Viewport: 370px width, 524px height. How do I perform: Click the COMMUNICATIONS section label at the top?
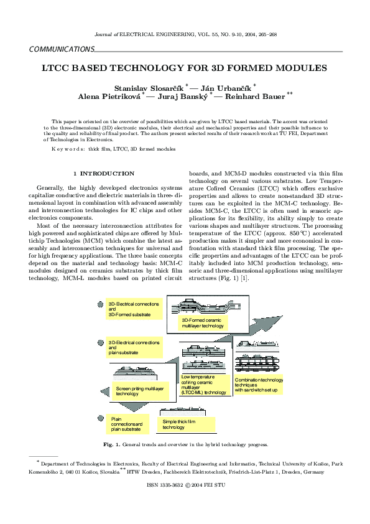point(62,49)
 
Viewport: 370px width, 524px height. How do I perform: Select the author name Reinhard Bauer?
point(254,96)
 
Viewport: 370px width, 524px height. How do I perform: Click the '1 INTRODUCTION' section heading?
point(103,173)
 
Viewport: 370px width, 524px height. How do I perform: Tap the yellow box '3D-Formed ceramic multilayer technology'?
point(202,322)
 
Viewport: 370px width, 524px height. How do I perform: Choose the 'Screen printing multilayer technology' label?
point(140,391)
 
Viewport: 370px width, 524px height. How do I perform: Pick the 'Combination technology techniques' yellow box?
point(259,385)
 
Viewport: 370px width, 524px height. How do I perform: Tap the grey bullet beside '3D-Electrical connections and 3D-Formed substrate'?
point(100,304)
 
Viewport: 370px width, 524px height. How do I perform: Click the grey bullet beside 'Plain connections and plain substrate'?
point(100,419)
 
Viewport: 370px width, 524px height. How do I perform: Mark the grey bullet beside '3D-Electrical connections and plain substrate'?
point(100,343)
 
